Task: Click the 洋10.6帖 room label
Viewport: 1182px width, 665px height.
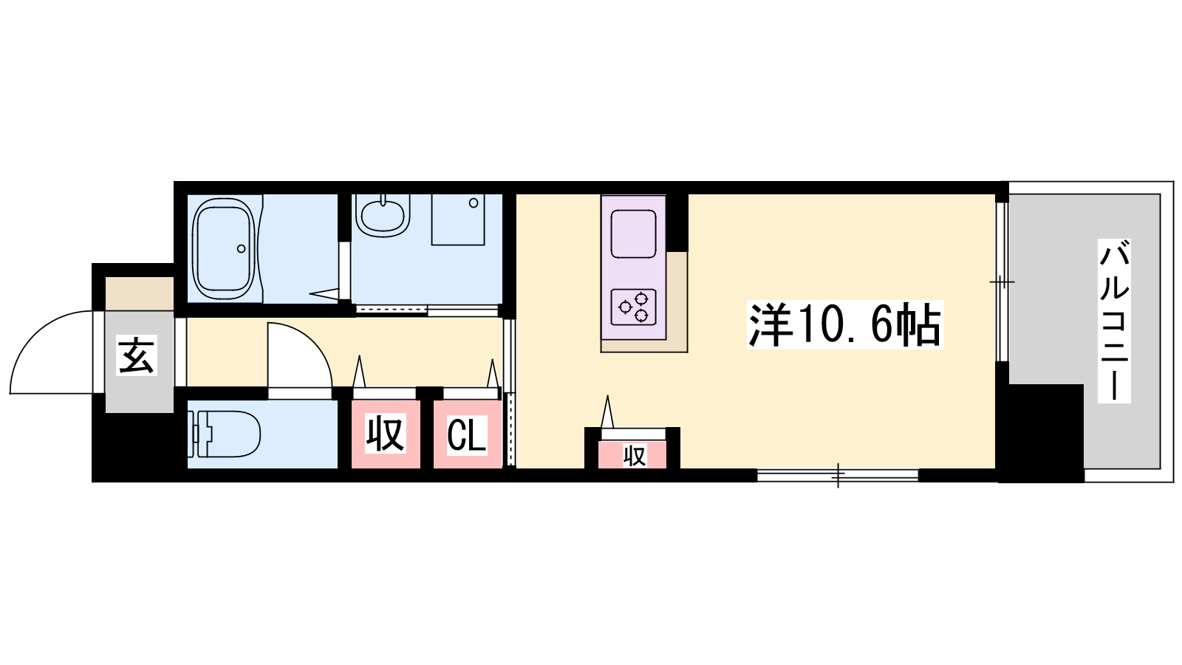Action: click(x=845, y=324)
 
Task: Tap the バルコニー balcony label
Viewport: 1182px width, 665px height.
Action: click(x=1114, y=321)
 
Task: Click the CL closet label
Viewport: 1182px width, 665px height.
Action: click(x=466, y=435)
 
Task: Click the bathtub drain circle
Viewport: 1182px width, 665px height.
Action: click(x=241, y=248)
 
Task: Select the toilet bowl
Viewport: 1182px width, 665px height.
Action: click(x=226, y=434)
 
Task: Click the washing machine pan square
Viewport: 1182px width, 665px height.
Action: click(x=458, y=219)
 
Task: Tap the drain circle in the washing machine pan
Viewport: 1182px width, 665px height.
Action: click(x=474, y=202)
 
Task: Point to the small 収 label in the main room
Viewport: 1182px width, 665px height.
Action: click(x=635, y=456)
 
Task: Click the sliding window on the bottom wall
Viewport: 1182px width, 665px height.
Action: click(x=838, y=476)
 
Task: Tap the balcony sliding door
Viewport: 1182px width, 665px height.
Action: click(x=1002, y=282)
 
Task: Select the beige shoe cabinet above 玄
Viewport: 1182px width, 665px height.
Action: click(x=140, y=293)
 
